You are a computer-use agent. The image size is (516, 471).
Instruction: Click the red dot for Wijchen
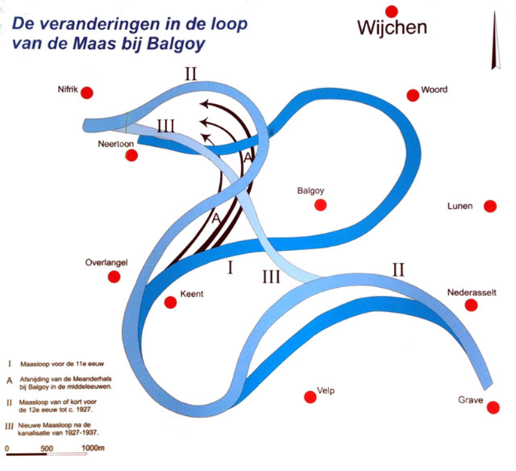coord(391,11)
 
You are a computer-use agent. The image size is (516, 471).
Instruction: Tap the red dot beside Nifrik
coord(87,93)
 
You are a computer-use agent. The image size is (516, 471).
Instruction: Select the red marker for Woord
coord(412,95)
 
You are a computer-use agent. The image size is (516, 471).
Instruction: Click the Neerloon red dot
coord(132,155)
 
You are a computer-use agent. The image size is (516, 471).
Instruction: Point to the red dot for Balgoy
coord(321,205)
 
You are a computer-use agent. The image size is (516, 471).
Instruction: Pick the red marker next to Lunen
coord(490,206)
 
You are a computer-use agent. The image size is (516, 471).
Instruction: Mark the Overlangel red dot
coord(114,277)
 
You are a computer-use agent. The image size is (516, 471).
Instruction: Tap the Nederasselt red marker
coord(471,304)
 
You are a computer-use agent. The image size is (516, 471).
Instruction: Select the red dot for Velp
coord(308,397)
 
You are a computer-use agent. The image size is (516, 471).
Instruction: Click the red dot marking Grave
coord(493,408)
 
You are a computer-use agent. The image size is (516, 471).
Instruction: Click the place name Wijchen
coord(392,29)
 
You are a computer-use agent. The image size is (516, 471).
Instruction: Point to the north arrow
coord(494,45)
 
